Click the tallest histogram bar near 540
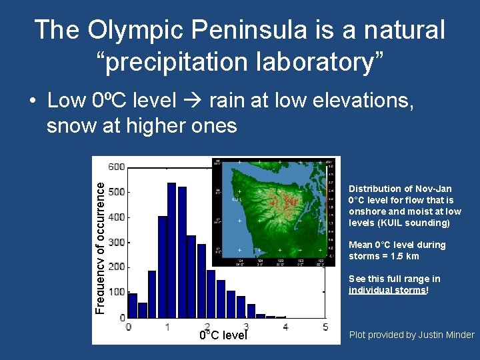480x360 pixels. (x=171, y=250)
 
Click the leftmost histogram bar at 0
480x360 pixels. (x=132, y=305)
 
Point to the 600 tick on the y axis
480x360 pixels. (x=117, y=167)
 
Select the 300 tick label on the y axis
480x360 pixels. (x=117, y=242)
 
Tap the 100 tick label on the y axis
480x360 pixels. (x=117, y=292)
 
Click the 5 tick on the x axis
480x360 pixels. (x=325, y=327)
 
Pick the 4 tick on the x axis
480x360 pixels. (x=285, y=327)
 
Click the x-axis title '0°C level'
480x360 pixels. (x=223, y=335)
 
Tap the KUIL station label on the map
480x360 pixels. (x=236, y=199)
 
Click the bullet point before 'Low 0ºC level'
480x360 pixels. (x=32, y=102)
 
